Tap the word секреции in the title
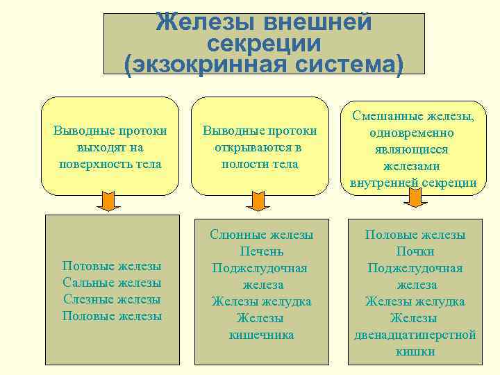click(x=265, y=44)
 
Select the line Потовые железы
click(x=112, y=266)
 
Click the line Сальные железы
click(x=112, y=283)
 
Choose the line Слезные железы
click(x=112, y=299)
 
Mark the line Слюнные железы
click(x=261, y=235)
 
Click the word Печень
click(x=261, y=251)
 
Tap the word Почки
click(x=415, y=251)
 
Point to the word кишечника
click(x=261, y=335)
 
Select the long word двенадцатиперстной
click(x=415, y=335)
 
